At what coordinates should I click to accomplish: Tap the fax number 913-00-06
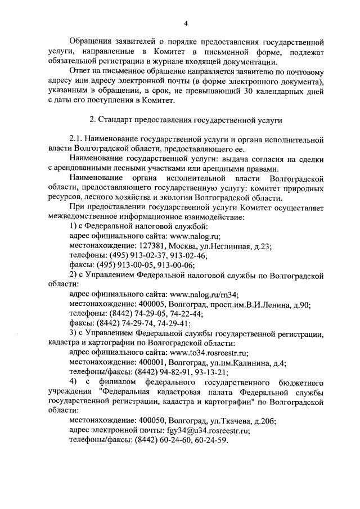point(177,265)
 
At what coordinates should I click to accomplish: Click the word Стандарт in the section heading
point(116,120)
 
